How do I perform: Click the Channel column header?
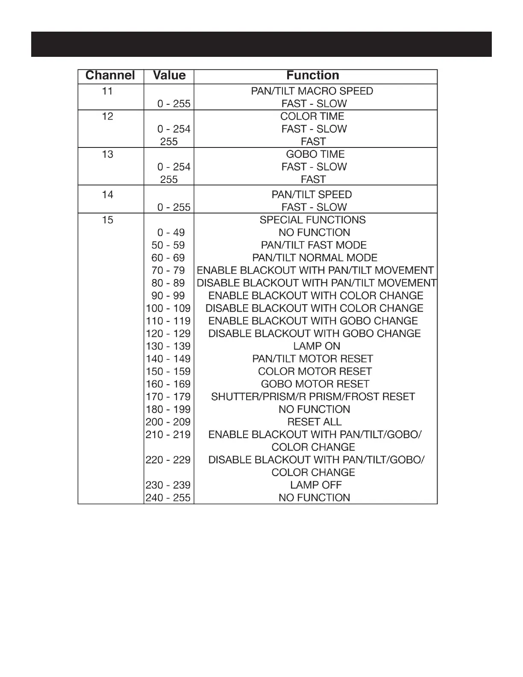coord(110,76)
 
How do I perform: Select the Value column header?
coord(169,76)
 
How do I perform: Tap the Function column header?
coord(313,76)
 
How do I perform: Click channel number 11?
coord(107,91)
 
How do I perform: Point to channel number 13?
coord(107,154)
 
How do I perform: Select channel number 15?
coord(107,220)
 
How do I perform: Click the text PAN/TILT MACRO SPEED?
coord(312,91)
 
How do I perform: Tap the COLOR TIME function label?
coord(312,116)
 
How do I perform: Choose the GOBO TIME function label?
coord(315,154)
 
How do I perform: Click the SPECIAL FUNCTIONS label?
coord(313,220)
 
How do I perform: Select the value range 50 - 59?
coord(168,245)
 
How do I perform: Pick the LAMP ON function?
coord(317,346)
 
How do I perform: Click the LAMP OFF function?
coord(316,485)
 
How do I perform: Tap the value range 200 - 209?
coord(168,422)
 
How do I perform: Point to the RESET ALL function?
coord(314,422)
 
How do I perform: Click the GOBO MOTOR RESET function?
coord(315,384)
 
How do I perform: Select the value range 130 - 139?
coord(168,346)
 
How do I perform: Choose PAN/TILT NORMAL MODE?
coord(315,258)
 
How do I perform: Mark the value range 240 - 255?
coord(168,498)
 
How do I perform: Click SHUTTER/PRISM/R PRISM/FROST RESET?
coord(313,397)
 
